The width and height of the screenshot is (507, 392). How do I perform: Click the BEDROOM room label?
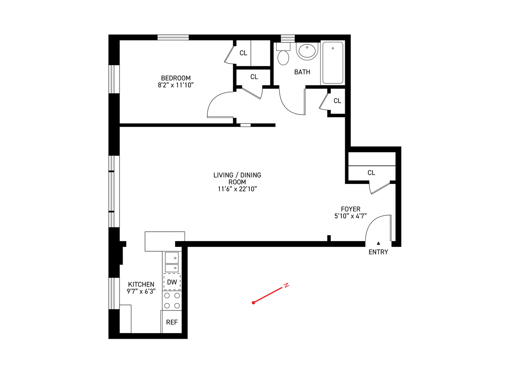[176, 78]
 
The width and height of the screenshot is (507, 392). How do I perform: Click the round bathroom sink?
[307, 51]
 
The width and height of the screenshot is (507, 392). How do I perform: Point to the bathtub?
[333, 63]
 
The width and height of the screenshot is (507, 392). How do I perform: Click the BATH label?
[302, 72]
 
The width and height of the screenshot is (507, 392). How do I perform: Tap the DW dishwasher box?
[172, 282]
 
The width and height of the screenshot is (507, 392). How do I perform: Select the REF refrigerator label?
[172, 322]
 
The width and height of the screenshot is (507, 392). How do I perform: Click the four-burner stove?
[172, 301]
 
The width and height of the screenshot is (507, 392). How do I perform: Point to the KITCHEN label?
[141, 285]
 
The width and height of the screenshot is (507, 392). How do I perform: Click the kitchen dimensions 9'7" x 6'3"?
[141, 292]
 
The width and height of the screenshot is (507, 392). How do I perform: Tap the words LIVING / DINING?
[237, 175]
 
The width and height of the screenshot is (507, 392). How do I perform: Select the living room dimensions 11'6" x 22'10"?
[237, 189]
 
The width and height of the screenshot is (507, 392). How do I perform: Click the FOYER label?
[350, 209]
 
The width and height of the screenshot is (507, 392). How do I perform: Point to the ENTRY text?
[378, 252]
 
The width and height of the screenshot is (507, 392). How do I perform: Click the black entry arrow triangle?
[378, 243]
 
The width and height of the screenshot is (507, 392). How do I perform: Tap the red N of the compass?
[286, 285]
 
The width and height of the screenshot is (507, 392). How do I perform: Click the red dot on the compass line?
[253, 303]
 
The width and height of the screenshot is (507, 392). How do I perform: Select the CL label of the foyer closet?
[371, 173]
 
